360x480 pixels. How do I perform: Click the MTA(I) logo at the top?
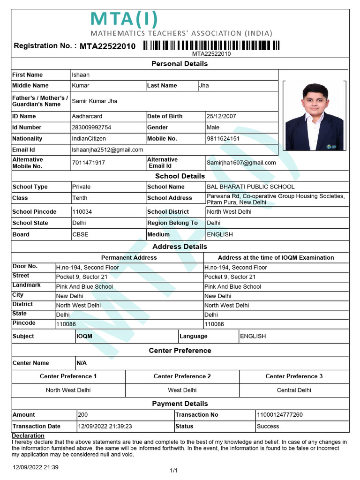click(x=124, y=20)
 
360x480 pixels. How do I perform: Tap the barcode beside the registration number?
click(x=211, y=45)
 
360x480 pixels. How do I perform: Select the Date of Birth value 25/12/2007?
click(x=222, y=116)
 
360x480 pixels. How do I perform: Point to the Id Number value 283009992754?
click(x=91, y=127)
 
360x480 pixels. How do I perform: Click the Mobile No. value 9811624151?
click(x=223, y=139)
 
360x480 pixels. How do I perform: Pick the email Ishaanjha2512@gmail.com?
click(x=107, y=150)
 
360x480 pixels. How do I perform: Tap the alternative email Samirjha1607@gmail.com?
click(x=241, y=163)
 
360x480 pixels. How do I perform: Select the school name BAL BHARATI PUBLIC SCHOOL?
click(x=251, y=187)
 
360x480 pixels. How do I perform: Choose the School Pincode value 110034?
click(x=82, y=212)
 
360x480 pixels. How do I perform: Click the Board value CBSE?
click(x=80, y=234)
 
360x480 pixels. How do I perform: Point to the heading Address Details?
click(x=180, y=247)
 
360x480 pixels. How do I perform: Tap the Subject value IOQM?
click(x=84, y=336)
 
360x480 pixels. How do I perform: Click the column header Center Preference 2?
click(x=182, y=376)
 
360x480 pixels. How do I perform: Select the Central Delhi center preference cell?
click(x=294, y=390)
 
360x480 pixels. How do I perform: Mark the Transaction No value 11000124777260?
click(x=280, y=415)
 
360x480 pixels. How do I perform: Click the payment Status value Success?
click(x=268, y=427)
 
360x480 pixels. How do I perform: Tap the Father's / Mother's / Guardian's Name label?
click(x=40, y=101)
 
